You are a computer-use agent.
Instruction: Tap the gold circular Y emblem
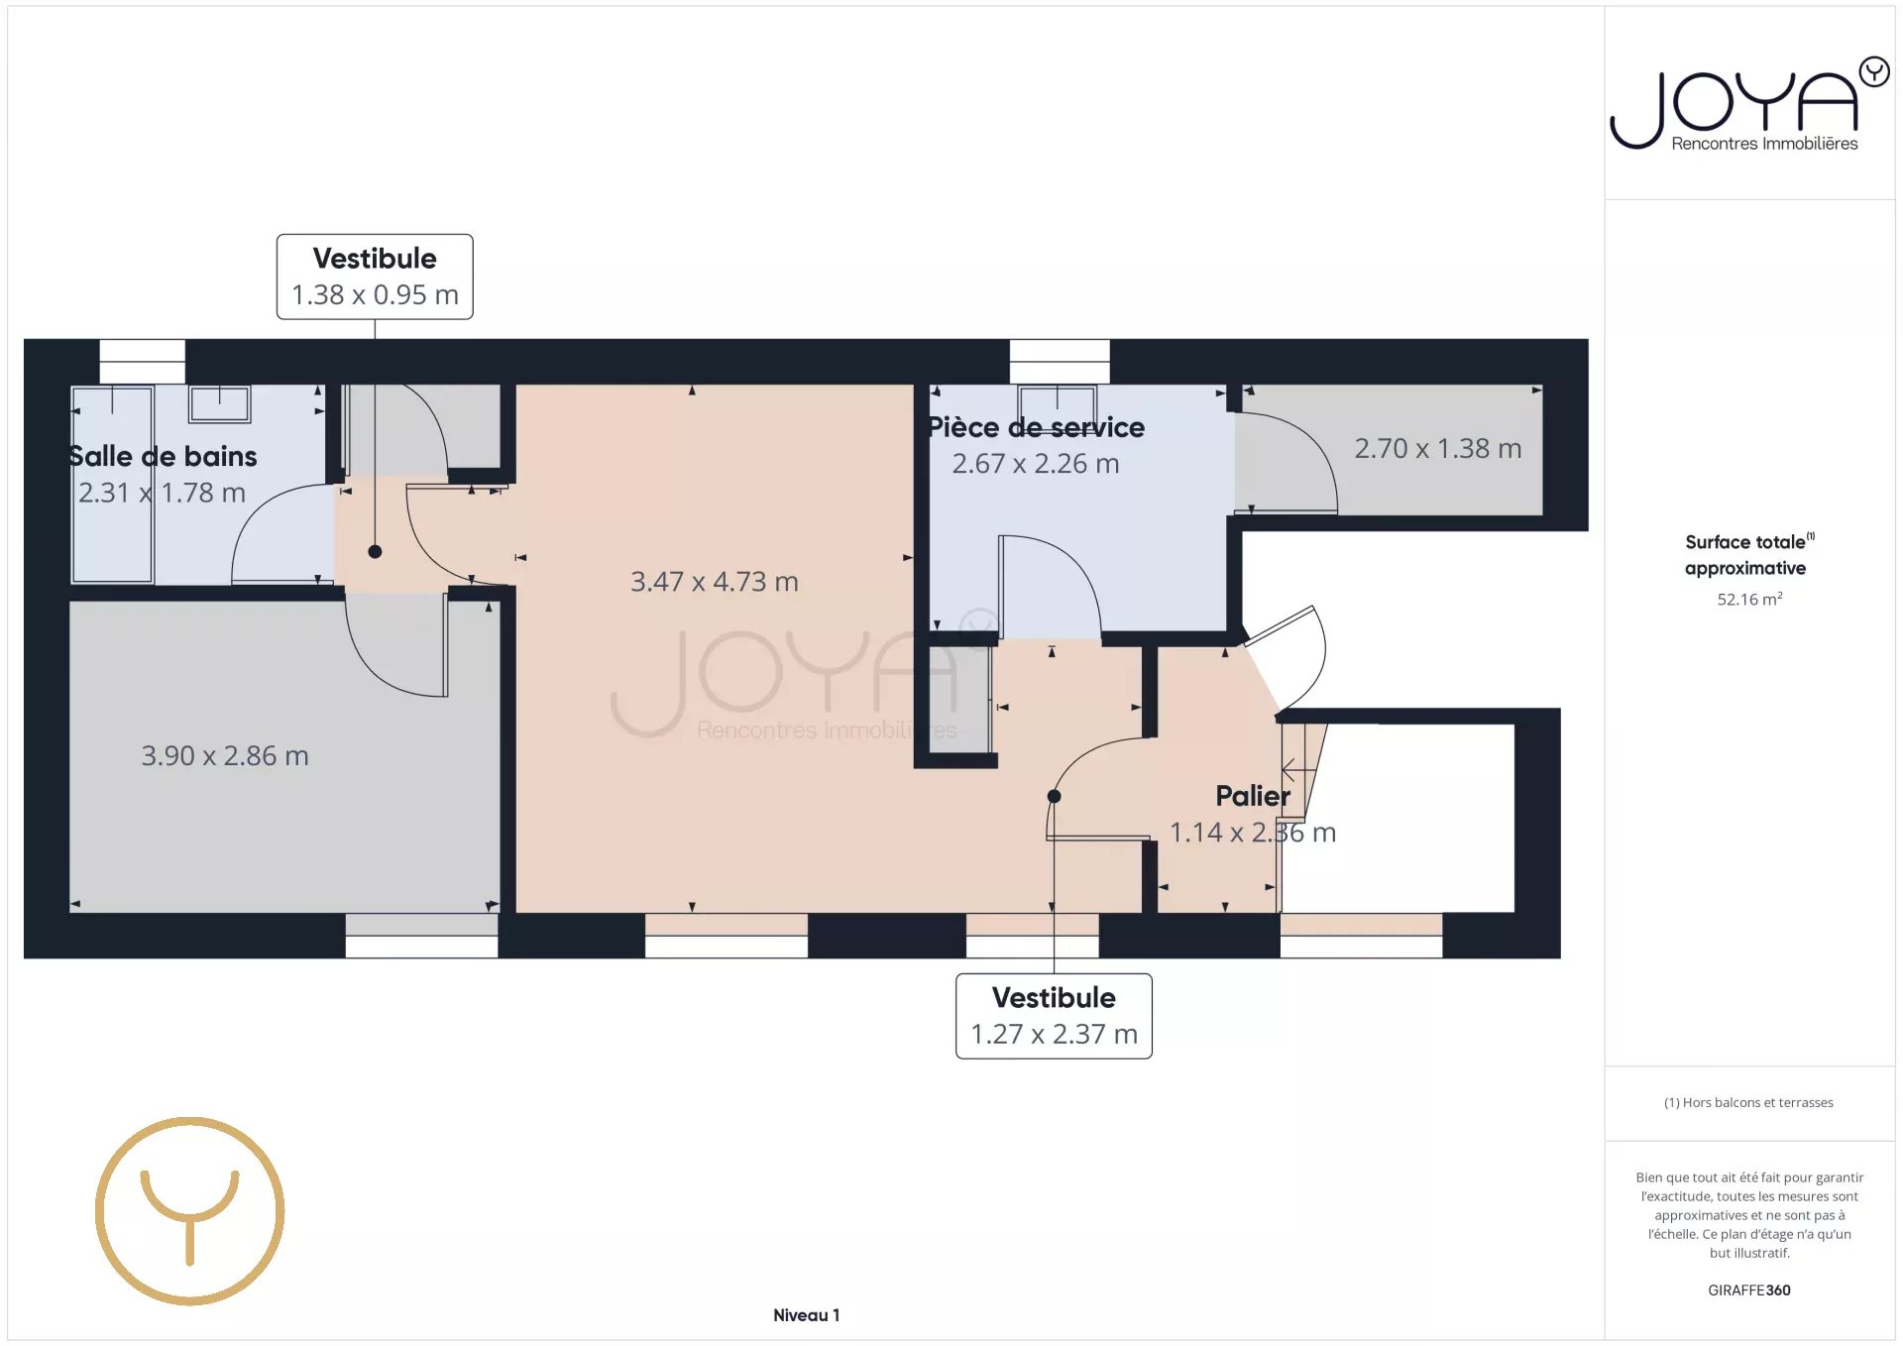(x=189, y=1210)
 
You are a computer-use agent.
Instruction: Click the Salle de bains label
(x=163, y=456)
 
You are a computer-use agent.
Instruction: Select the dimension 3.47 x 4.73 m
(x=714, y=582)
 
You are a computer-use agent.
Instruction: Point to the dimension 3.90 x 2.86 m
(x=225, y=756)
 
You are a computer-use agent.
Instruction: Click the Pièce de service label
(x=1036, y=427)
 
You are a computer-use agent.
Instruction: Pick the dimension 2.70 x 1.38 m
(x=1437, y=449)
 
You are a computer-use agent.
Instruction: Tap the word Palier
(x=1252, y=796)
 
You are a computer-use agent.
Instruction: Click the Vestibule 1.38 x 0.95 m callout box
(x=375, y=277)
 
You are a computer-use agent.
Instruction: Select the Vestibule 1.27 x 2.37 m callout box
(x=1054, y=1016)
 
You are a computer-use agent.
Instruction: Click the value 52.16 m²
(x=1749, y=599)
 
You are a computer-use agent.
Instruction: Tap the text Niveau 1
(x=806, y=1315)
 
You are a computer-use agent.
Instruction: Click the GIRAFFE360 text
(x=1748, y=1290)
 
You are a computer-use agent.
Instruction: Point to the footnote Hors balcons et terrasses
(x=1748, y=1102)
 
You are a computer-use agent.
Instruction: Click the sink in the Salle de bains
(x=220, y=402)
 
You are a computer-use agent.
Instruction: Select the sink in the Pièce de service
(x=1057, y=402)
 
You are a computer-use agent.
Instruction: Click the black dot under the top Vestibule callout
(x=375, y=552)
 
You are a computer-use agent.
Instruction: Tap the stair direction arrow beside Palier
(x=1288, y=768)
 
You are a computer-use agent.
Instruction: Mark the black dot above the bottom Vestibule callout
(x=1054, y=796)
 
